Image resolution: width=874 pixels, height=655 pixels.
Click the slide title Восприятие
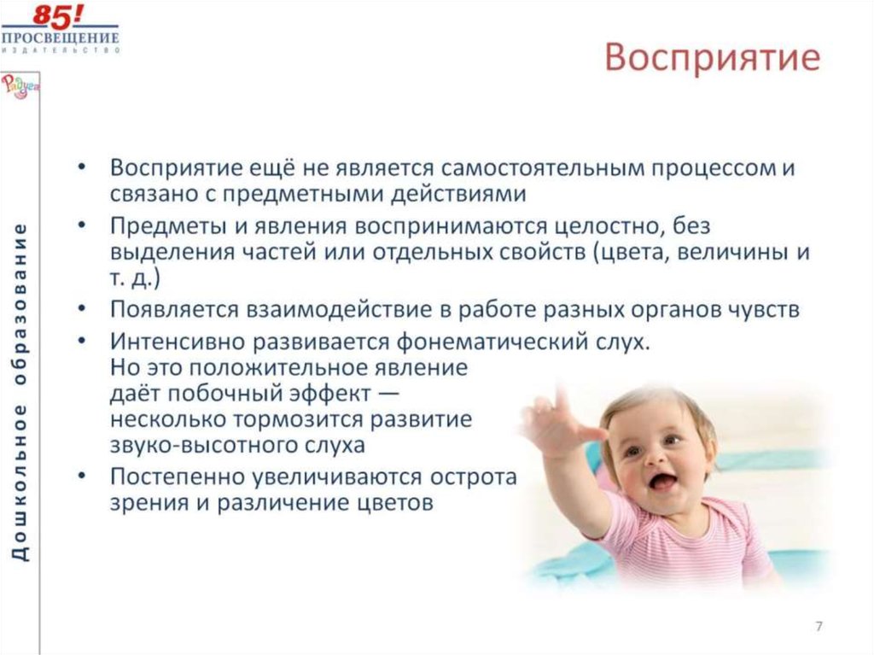click(x=712, y=59)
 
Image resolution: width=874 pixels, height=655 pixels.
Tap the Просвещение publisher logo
click(x=61, y=30)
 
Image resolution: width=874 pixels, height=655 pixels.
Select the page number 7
click(x=819, y=627)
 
